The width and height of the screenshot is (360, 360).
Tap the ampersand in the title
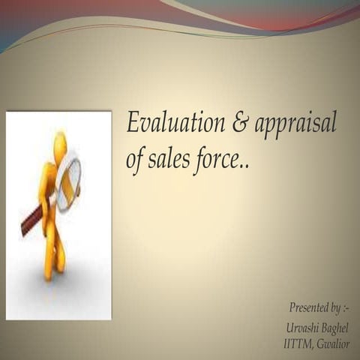[239, 124]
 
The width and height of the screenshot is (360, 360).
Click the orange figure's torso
[52, 184]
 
